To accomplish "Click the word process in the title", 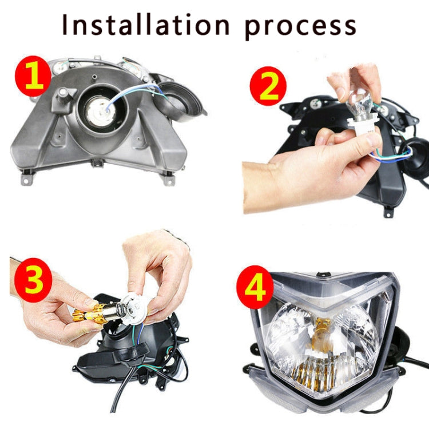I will [301, 26].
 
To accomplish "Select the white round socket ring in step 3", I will [134, 306].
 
